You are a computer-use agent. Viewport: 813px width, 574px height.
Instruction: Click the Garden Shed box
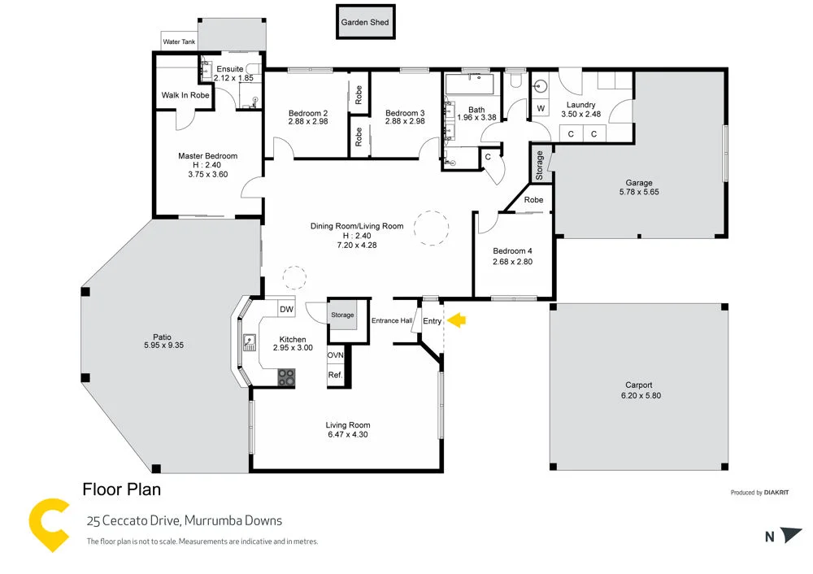click(x=366, y=23)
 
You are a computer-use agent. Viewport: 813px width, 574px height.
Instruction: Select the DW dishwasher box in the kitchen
click(x=285, y=309)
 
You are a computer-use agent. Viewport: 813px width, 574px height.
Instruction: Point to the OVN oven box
click(x=335, y=356)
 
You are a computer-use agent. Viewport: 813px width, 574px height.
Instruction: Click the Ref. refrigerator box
click(x=335, y=375)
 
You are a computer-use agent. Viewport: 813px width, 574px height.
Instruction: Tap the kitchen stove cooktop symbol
click(x=286, y=376)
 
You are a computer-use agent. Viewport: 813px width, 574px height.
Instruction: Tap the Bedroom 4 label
click(x=512, y=251)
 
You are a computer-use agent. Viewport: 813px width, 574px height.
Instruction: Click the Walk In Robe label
click(x=185, y=96)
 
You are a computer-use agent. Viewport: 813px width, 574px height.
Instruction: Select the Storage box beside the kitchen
click(x=342, y=315)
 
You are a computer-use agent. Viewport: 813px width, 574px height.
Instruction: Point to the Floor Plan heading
click(x=121, y=489)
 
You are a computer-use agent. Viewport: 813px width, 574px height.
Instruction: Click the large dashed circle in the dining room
click(x=431, y=228)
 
